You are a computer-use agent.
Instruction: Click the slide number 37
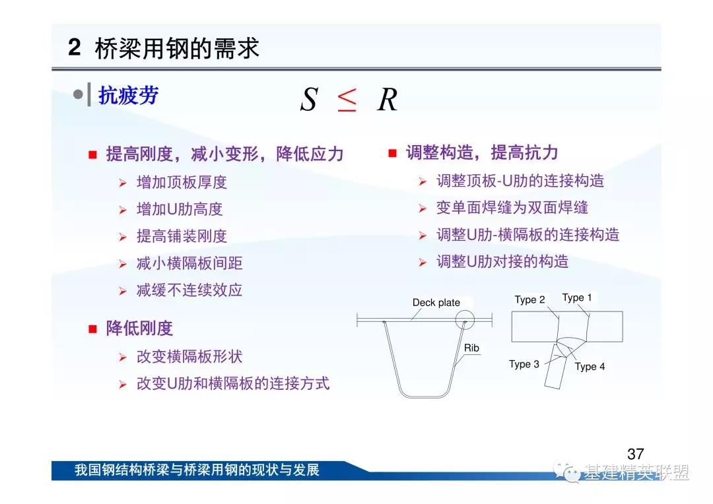635,454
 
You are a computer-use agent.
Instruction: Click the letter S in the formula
308,99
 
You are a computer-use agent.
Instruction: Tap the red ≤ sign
347,100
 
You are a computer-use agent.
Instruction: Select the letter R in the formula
388,100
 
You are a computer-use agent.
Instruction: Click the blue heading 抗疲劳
128,96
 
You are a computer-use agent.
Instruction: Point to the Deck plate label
436,303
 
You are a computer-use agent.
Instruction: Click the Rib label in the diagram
471,348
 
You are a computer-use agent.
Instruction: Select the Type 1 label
576,298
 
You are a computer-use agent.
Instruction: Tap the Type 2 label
529,299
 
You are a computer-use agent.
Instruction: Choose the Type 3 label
524,364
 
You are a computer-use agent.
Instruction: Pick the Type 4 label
590,366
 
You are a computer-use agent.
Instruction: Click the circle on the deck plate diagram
465,311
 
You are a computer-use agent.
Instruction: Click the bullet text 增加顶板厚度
182,182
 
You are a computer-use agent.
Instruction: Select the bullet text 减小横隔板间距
189,263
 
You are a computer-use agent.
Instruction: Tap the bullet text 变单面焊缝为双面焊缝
512,208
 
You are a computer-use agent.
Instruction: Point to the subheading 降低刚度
139,328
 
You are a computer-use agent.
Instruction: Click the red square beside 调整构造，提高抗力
392,153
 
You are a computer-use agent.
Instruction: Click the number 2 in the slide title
74,47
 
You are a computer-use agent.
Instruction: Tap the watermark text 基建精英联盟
636,472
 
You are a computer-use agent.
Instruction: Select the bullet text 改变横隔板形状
189,357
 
